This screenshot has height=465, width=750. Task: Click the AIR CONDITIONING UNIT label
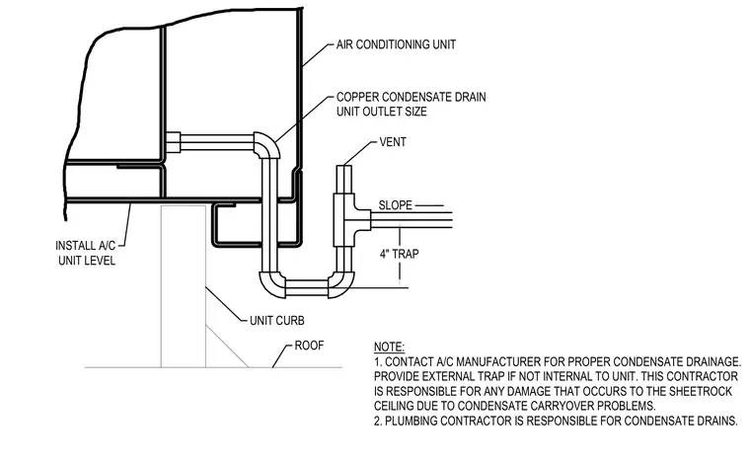396,44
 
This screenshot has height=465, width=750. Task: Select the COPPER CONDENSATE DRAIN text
411,97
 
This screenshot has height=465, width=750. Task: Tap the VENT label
393,142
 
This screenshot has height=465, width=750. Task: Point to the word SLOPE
395,205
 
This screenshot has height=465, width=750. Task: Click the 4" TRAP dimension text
400,254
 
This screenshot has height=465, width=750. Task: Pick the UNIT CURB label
277,321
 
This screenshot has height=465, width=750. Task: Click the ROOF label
309,346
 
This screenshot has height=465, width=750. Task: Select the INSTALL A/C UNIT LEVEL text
86,253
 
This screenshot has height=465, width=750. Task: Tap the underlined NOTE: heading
389,347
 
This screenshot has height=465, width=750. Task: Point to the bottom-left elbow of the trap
270,284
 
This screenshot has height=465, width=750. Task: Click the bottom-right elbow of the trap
342,285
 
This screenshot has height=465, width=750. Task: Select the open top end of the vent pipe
343,166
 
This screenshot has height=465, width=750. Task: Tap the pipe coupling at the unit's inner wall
172,142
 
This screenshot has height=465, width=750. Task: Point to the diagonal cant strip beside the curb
227,347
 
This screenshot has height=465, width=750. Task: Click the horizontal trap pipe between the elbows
307,287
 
